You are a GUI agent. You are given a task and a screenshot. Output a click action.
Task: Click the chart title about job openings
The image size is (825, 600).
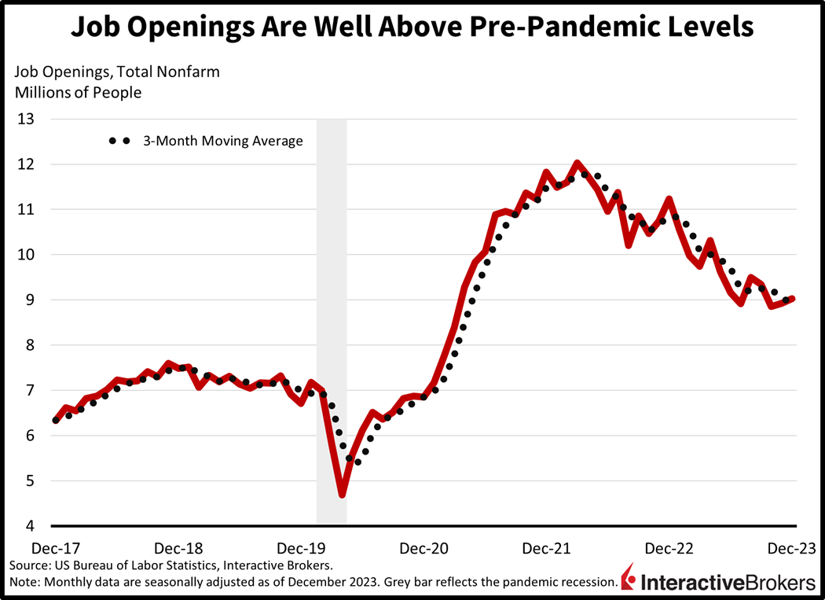pos(412,28)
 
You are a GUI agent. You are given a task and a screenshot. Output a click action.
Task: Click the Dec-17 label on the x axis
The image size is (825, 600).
pos(54,548)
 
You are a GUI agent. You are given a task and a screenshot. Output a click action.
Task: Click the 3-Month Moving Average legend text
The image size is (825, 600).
pos(222,142)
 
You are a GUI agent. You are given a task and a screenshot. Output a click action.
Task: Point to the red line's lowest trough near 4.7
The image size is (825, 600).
pos(343,495)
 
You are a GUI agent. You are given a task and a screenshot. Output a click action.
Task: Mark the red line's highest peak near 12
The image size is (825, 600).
pos(577,163)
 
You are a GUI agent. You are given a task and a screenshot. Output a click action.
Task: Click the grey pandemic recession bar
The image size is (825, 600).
pos(331,315)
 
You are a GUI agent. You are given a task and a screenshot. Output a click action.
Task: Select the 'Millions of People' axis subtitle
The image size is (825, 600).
pos(76,92)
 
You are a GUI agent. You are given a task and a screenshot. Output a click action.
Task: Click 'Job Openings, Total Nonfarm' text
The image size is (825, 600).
pos(115,72)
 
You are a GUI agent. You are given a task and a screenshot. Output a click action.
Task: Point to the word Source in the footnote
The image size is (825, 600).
pos(29,565)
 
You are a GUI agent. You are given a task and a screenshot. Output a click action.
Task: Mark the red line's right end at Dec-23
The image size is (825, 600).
pos(794,299)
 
